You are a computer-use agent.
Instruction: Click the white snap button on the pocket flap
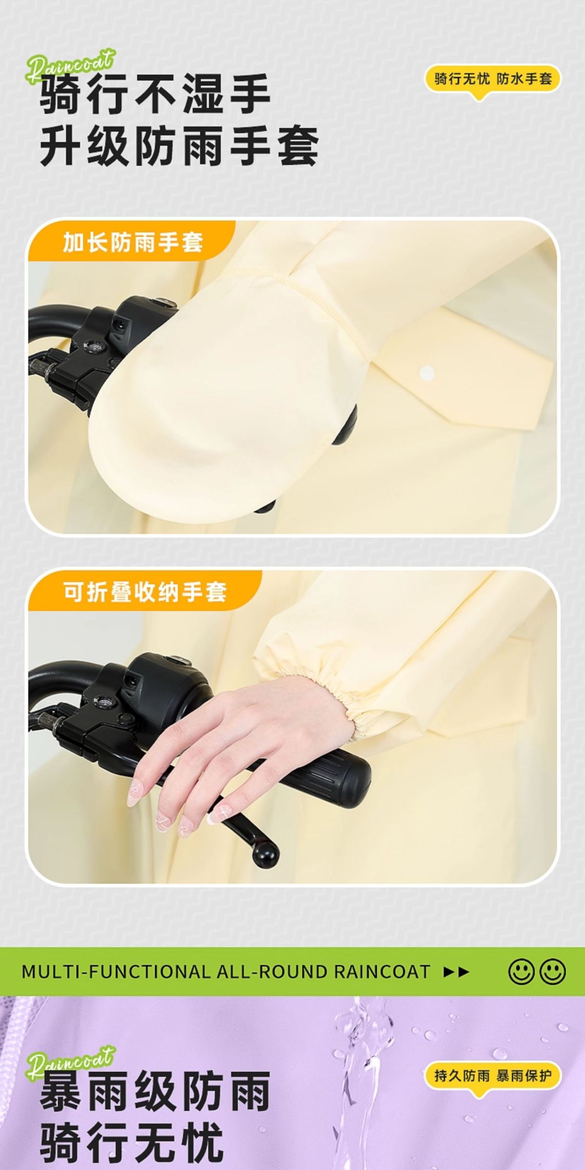pos(427,373)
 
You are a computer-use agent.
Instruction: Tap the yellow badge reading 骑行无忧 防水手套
pos(493,79)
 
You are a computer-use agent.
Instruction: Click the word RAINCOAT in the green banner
pos(382,972)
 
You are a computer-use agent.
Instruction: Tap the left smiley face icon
pos(521,972)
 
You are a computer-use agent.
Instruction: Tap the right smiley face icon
pos(553,972)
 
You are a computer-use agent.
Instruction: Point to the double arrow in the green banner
pos(456,972)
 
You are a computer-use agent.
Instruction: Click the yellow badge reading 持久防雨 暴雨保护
pos(493,1072)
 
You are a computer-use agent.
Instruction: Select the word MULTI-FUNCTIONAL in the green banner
pos(115,972)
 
